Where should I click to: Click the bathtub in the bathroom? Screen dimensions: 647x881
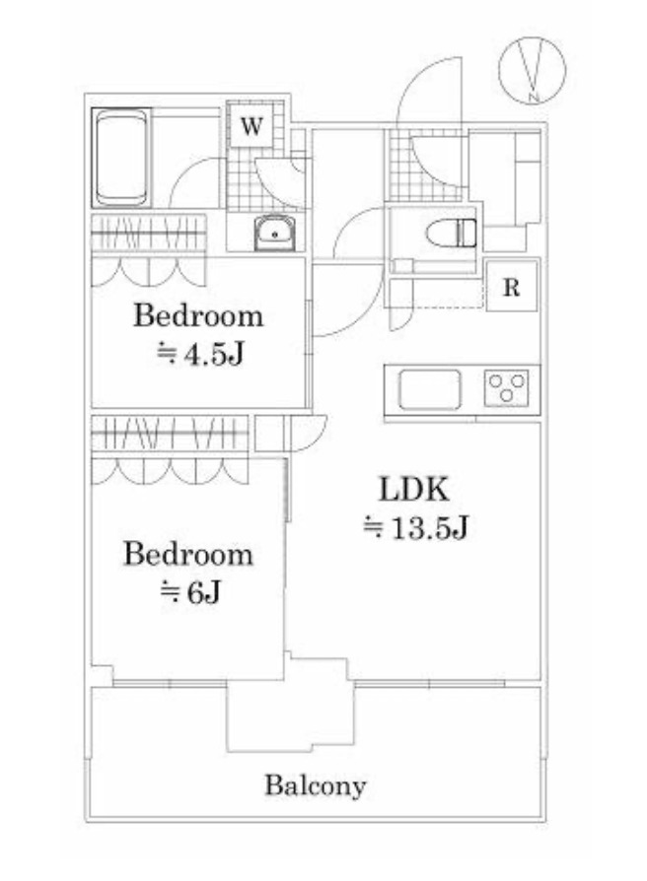pyautogui.click(x=121, y=159)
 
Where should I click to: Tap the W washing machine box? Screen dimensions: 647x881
pyautogui.click(x=252, y=125)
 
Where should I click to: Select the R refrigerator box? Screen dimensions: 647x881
pyautogui.click(x=511, y=287)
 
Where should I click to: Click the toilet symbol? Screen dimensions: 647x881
pyautogui.click(x=452, y=234)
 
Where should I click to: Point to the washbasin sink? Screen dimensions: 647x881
pyautogui.click(x=274, y=232)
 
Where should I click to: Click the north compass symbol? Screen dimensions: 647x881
pyautogui.click(x=532, y=70)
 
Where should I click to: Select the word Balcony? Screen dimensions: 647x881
pyautogui.click(x=316, y=785)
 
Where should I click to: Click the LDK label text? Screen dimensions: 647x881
pyautogui.click(x=414, y=490)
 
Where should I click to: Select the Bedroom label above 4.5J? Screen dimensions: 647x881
pyautogui.click(x=198, y=315)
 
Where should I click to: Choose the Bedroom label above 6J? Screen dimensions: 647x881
pyautogui.click(x=188, y=554)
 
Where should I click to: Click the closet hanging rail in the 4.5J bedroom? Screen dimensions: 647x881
pyautogui.click(x=148, y=234)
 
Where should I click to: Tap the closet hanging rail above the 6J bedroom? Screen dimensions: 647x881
pyautogui.click(x=170, y=434)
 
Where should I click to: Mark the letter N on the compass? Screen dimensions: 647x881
pyautogui.click(x=534, y=98)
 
